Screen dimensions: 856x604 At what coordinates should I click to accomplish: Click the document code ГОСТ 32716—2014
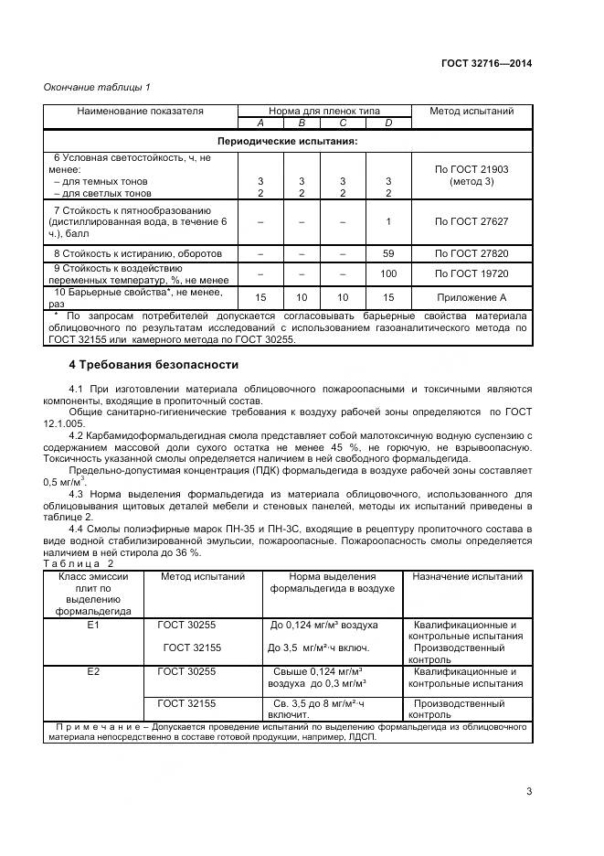click(486, 63)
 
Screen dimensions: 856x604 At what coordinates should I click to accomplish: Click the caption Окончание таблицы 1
click(97, 88)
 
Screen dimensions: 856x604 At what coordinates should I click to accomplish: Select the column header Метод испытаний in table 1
click(471, 111)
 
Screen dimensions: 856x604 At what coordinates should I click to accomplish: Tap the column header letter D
click(388, 123)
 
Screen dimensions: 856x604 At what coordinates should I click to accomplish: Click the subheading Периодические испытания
click(286, 142)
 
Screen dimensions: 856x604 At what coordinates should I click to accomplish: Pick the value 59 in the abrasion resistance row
click(388, 252)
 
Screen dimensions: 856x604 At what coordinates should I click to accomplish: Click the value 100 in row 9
click(388, 273)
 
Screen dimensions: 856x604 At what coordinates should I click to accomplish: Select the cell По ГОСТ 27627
click(471, 221)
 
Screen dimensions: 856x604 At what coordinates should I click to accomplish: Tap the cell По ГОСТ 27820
click(471, 252)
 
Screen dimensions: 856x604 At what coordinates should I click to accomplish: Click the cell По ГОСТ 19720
click(471, 273)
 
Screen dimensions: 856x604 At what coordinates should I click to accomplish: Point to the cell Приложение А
click(471, 297)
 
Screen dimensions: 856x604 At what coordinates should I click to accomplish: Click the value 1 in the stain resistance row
click(388, 221)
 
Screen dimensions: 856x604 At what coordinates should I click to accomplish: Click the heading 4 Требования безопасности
click(154, 365)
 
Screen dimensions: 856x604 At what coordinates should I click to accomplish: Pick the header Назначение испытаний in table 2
click(467, 577)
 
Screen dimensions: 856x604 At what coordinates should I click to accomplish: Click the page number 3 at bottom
click(529, 791)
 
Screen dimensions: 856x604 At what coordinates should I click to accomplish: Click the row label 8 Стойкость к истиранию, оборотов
click(137, 252)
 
